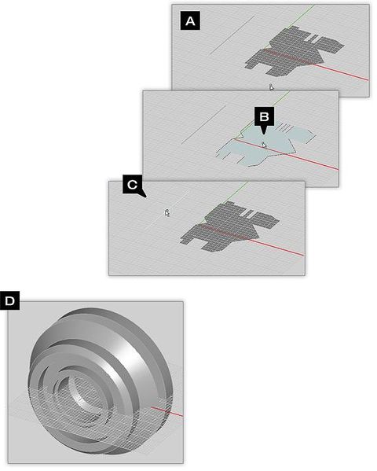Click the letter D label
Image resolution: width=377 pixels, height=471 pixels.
[9, 301]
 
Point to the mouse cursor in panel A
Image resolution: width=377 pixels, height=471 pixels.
[271, 87]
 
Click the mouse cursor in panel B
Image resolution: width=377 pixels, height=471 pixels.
[265, 144]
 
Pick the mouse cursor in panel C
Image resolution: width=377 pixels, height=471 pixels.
[167, 212]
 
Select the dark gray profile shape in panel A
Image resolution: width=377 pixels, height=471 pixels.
[291, 51]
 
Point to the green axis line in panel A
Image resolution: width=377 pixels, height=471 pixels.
[302, 16]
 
